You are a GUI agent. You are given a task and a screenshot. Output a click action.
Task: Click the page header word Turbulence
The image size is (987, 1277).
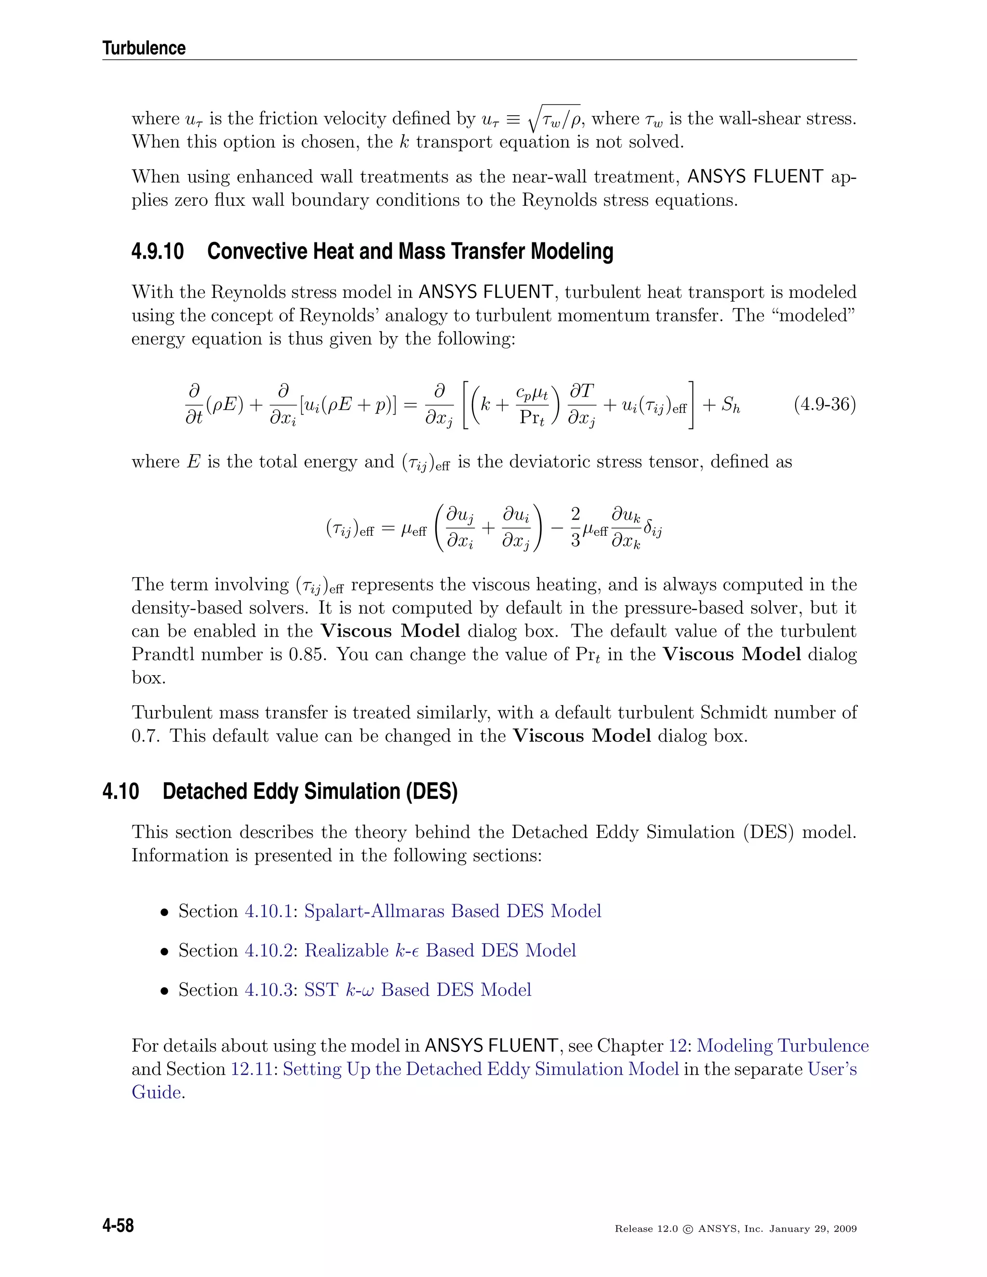pos(144,48)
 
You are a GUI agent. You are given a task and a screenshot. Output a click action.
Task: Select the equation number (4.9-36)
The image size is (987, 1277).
pos(825,405)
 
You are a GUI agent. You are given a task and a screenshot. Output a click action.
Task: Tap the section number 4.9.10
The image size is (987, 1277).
pos(157,252)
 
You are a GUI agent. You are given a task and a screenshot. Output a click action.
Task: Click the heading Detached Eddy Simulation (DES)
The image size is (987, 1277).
pos(310,791)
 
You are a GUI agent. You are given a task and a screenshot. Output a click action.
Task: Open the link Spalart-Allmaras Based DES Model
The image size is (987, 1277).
pos(453,911)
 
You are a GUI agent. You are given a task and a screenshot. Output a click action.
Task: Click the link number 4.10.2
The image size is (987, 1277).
pos(268,950)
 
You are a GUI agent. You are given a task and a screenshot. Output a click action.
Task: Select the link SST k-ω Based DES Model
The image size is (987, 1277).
pos(417,989)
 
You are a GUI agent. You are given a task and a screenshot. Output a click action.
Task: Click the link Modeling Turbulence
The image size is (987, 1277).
pos(782,1046)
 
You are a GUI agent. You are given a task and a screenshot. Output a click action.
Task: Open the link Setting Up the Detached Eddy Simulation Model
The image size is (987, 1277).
pos(480,1069)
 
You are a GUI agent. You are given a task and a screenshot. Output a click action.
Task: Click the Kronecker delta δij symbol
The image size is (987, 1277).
pos(653,530)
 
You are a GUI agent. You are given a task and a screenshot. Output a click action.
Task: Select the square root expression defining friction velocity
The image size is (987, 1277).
pos(554,118)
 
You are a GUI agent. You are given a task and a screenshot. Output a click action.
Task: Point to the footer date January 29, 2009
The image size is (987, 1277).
pos(813,1228)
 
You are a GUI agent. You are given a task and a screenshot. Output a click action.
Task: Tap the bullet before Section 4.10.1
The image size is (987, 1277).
pos(165,912)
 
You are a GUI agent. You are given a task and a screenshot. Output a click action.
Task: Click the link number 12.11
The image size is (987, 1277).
pos(252,1069)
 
